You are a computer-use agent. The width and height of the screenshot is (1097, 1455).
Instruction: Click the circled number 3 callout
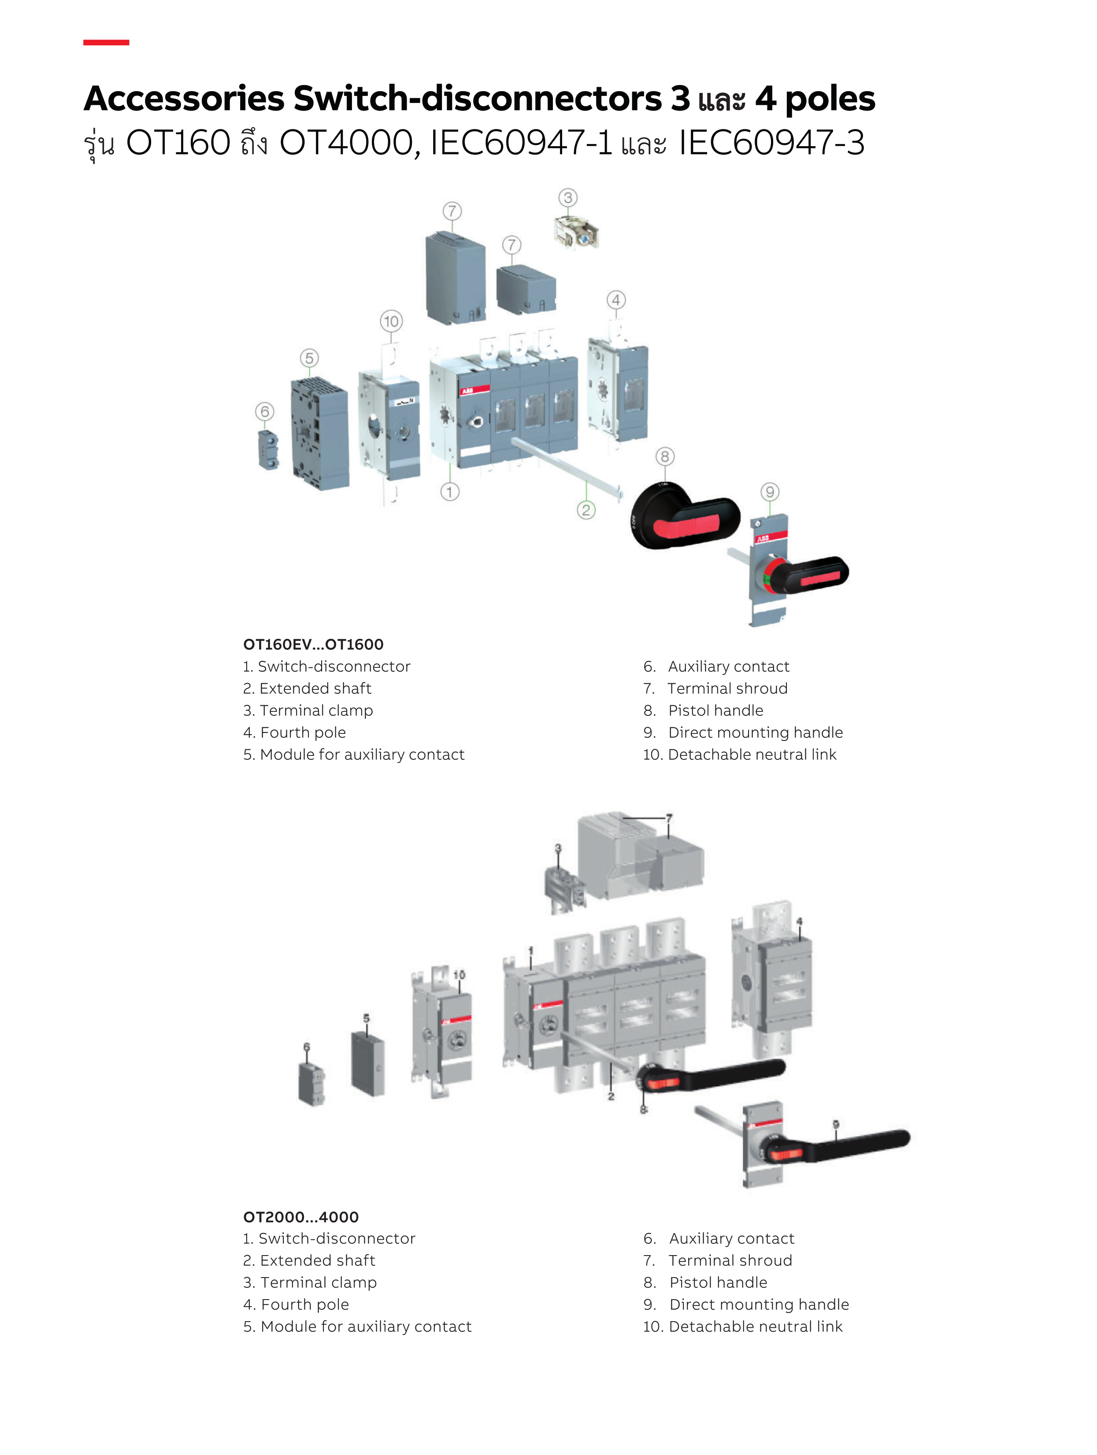click(x=568, y=197)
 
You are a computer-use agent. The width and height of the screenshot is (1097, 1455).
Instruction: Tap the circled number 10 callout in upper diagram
click(x=391, y=321)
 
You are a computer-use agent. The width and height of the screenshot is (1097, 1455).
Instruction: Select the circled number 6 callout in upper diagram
click(x=264, y=412)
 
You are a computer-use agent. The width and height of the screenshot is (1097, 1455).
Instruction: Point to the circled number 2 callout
click(x=586, y=510)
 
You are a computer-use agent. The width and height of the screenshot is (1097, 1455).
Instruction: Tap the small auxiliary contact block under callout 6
click(x=268, y=450)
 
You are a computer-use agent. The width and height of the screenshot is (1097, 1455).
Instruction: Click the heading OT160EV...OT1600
click(x=313, y=645)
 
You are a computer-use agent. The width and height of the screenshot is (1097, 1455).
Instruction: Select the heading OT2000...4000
click(x=301, y=1217)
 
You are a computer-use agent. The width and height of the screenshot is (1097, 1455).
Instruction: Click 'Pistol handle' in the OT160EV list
click(x=715, y=711)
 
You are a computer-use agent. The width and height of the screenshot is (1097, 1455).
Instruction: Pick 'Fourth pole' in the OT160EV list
click(x=303, y=733)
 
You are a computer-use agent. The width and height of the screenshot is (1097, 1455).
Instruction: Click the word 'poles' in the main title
click(x=830, y=99)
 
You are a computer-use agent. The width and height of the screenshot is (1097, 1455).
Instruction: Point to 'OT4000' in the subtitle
click(x=345, y=143)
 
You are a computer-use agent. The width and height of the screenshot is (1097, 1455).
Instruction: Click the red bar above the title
click(x=106, y=43)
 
